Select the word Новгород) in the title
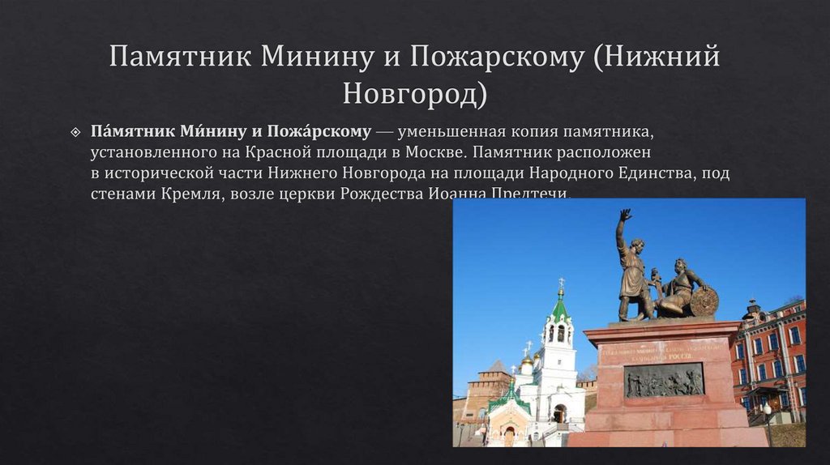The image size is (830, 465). (x=415, y=93)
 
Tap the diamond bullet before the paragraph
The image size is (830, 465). (x=75, y=131)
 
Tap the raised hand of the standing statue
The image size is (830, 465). (x=625, y=215)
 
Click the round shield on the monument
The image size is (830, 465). (x=703, y=301)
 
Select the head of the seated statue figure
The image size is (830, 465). (x=679, y=267)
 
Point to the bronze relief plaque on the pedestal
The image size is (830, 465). (x=664, y=379)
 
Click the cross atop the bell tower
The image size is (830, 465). (x=559, y=284)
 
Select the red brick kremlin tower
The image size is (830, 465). (x=489, y=385)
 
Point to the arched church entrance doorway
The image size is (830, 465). (x=559, y=413)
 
